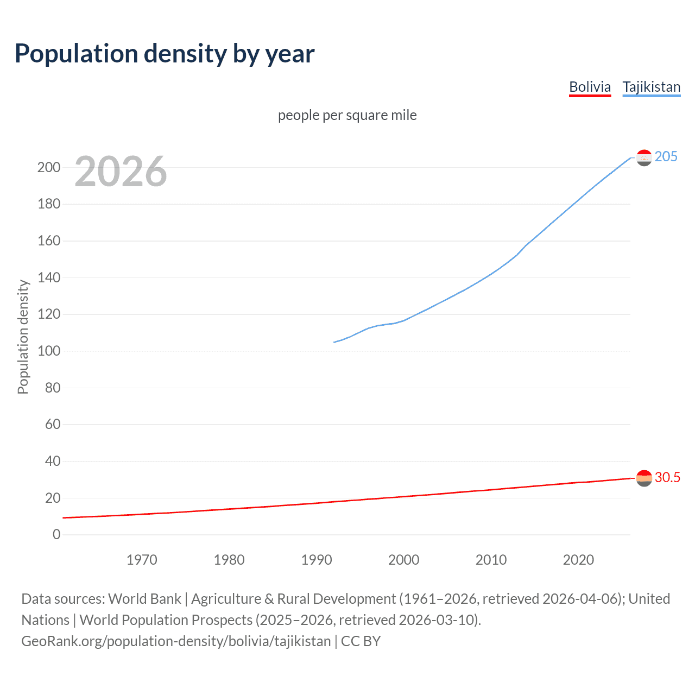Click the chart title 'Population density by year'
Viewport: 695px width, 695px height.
165,54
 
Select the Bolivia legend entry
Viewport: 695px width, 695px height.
590,87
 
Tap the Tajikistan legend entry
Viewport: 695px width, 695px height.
651,87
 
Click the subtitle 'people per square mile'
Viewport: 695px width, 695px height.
347,115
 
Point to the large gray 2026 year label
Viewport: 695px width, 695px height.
121,172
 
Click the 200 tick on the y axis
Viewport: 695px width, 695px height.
49,167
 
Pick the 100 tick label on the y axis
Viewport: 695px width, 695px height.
49,351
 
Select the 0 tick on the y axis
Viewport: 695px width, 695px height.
56,534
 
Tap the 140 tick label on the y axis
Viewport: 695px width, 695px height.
49,277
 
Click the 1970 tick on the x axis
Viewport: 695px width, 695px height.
142,560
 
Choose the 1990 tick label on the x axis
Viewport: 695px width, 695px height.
317,560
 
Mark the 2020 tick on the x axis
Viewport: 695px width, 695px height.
578,560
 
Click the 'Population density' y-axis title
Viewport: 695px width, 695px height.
23,337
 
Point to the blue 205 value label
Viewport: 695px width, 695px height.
666,156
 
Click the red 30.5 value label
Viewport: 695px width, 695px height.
667,477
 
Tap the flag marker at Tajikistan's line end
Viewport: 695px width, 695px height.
644,157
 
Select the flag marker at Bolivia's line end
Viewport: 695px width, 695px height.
644,478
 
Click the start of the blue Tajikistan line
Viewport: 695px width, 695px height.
334,342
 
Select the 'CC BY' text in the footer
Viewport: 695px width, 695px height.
361,641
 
